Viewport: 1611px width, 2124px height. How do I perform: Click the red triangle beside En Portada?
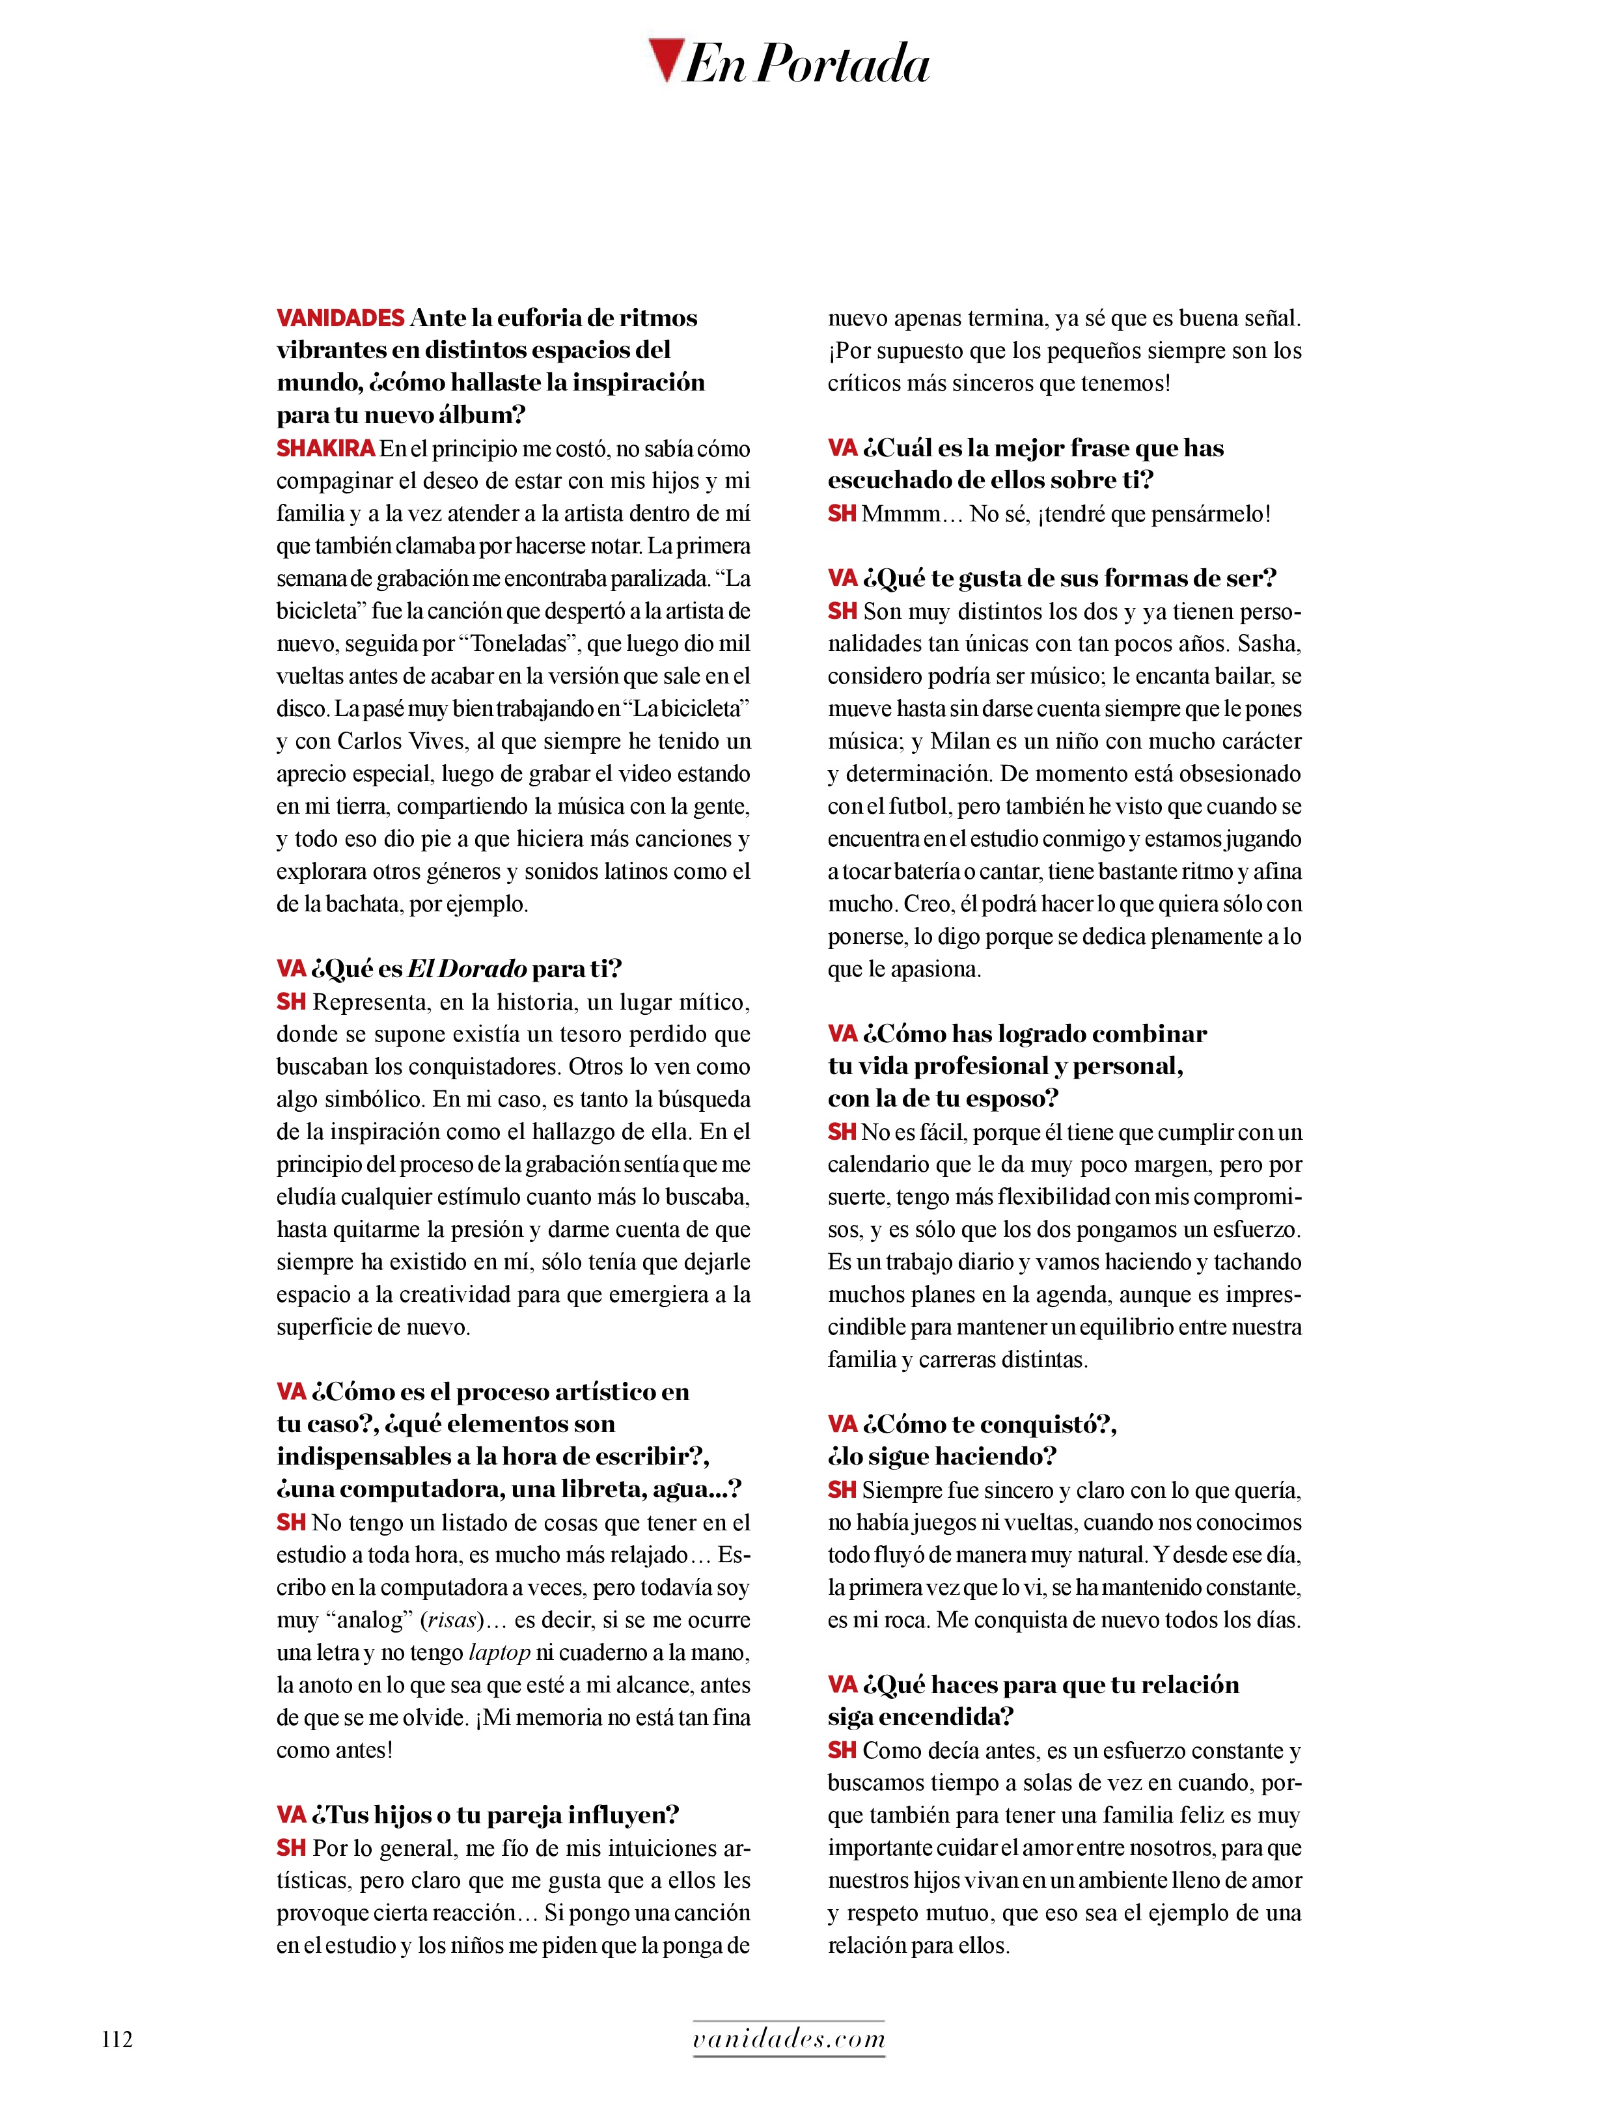click(x=665, y=59)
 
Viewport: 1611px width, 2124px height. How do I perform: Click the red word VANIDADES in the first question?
click(x=340, y=318)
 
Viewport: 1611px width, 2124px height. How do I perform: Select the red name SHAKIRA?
click(x=325, y=448)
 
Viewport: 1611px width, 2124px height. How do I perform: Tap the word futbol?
click(x=915, y=807)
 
